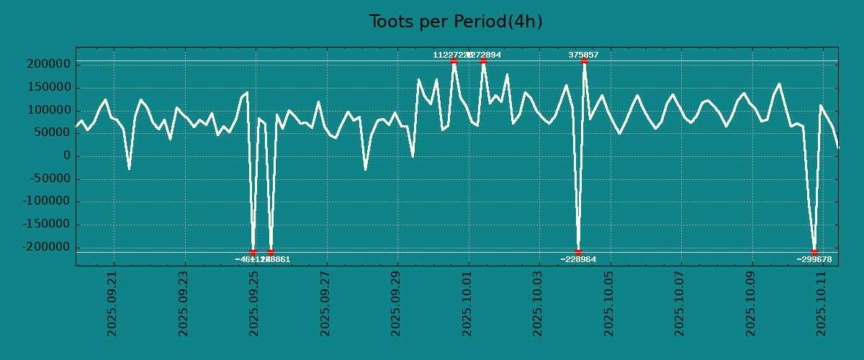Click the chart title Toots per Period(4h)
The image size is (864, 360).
tap(456, 22)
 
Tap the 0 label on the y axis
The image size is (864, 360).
tap(67, 156)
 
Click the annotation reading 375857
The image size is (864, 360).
tap(583, 55)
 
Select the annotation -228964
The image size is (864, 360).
tap(578, 259)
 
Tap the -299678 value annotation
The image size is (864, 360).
tap(814, 259)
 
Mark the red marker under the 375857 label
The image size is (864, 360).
tap(583, 61)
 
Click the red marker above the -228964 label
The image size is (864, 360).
tap(578, 252)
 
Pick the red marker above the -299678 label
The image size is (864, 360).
tap(814, 252)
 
